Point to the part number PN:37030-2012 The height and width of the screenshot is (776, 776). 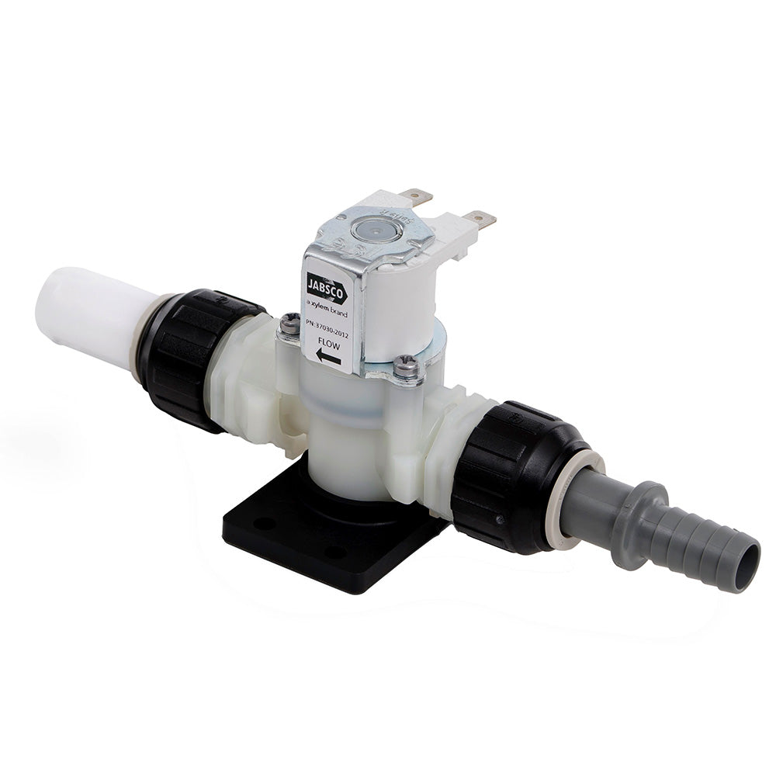point(328,324)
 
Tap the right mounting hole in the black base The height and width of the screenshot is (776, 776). point(335,553)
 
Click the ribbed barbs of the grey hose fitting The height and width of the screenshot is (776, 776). point(698,543)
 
